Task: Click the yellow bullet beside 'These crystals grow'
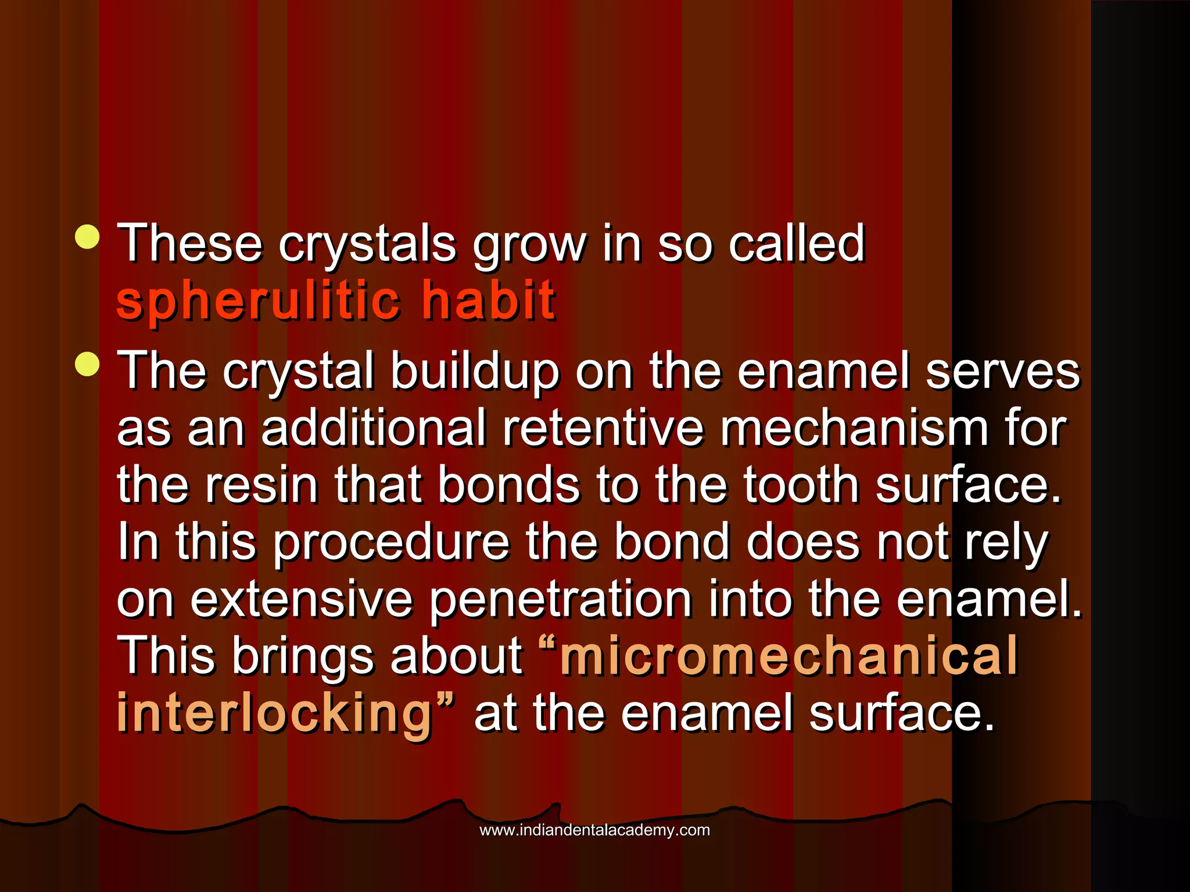87,237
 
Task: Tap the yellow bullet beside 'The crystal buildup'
87,365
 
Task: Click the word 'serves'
1002,372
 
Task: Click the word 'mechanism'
854,429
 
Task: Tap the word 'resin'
261,485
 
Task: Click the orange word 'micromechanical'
788,656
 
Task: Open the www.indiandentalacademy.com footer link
594,830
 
